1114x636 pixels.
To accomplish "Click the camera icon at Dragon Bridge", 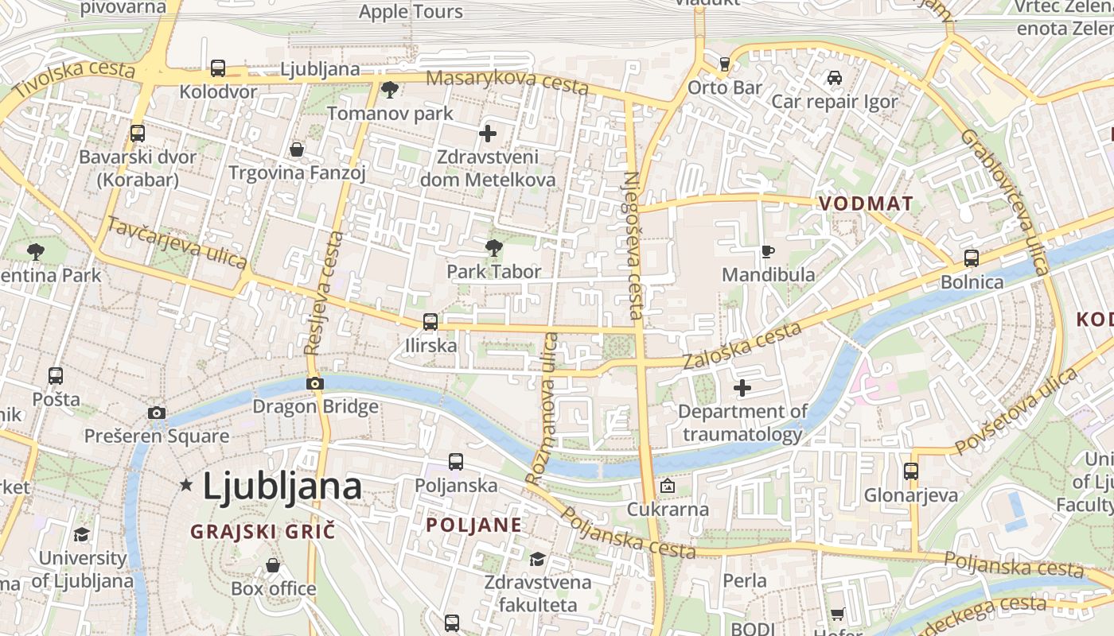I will pos(315,384).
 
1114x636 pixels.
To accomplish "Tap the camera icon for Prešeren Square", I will pos(157,413).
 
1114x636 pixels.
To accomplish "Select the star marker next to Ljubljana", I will pos(186,484).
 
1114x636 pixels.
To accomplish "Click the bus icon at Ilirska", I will pos(430,322).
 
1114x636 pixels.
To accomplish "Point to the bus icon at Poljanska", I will pos(456,462).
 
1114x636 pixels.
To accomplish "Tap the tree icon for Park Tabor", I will pos(493,248).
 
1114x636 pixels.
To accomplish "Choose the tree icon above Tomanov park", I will pos(389,90).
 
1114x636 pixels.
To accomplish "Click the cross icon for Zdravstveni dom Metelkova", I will pos(488,134).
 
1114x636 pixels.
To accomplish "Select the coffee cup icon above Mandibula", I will pos(768,252).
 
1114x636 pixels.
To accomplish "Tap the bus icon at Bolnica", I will pos(972,258).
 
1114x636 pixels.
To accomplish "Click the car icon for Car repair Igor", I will pos(834,78).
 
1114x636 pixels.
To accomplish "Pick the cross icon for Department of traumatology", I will pos(742,388).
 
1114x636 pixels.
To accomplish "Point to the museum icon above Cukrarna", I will pos(668,486).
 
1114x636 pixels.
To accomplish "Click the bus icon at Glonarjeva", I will pos(911,471).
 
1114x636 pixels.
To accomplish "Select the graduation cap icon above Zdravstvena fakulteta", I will pos(537,559).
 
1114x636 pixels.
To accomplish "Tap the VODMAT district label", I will pos(866,204).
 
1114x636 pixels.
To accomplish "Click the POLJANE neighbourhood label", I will pos(474,525).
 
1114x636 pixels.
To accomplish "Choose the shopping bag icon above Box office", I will pos(273,565).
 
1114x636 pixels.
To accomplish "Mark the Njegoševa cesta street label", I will pos(634,246).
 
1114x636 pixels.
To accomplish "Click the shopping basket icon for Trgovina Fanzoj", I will pos(297,149).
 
